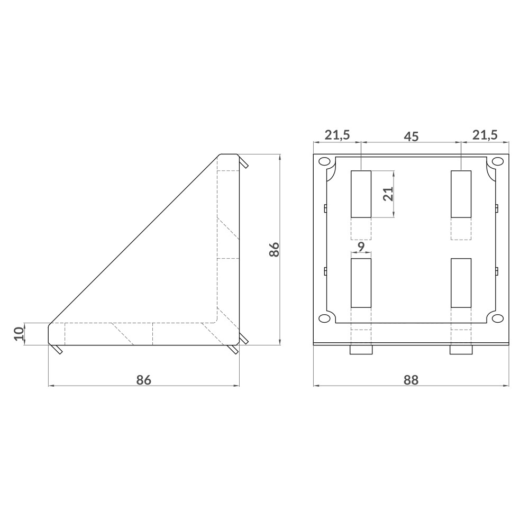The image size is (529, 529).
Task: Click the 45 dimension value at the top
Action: coord(411,136)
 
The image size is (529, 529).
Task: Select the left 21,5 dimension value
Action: coord(337,135)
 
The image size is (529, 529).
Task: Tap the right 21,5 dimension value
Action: coord(485,135)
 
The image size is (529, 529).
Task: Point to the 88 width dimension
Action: coord(411,380)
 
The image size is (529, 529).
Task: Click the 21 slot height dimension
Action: coord(388,194)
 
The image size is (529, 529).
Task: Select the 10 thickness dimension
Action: coord(19,334)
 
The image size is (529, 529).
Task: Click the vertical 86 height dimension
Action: coord(273,249)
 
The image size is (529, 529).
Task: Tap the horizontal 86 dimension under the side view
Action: coord(143,380)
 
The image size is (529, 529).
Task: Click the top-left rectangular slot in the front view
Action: coord(361,194)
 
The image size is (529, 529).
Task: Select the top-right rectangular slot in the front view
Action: coord(461,194)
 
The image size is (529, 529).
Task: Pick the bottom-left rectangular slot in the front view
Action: coord(361,283)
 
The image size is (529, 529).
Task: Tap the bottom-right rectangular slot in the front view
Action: coord(461,283)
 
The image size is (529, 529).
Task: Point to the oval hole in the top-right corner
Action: coord(497,161)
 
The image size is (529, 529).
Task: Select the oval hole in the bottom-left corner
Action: coord(324,318)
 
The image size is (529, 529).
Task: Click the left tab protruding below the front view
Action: coord(361,350)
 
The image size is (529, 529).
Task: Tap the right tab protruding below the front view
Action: coord(461,350)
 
